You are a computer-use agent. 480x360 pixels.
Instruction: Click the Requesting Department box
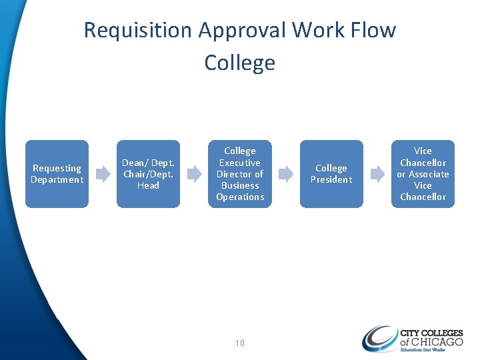coord(57,174)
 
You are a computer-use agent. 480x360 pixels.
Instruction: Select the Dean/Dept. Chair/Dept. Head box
coord(148,174)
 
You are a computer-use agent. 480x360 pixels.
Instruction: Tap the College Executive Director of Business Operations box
coord(240,174)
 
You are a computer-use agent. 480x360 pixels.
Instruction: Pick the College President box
coord(331,174)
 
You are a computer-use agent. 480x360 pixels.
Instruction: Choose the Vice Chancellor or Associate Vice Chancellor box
coord(423,174)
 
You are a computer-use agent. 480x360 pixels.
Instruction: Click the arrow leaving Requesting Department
coord(103,174)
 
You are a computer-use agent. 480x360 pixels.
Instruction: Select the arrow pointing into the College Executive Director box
coord(194,174)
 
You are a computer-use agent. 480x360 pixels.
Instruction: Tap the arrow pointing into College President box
coord(285,174)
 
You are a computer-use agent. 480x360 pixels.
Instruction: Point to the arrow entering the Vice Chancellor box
coord(377,174)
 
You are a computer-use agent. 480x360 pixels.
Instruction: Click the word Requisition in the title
coord(137,30)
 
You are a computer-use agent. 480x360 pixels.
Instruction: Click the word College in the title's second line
coord(240,63)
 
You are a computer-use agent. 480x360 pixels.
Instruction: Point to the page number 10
coord(240,343)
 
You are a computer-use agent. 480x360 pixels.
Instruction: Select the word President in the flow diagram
coord(331,179)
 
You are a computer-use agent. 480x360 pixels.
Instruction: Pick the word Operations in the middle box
coord(240,197)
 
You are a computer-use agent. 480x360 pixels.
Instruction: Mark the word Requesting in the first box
coord(57,169)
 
